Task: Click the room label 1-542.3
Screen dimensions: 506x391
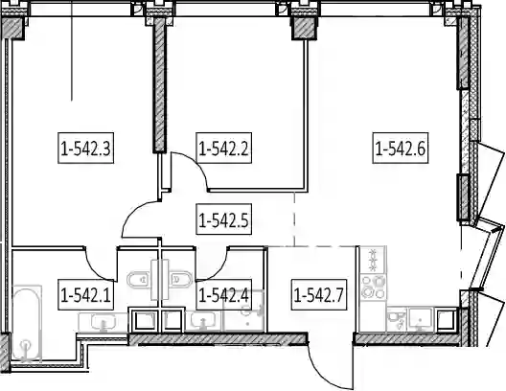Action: pos(86,148)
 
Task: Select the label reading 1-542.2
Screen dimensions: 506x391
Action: pos(224,148)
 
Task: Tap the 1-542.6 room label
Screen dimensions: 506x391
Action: pos(401,148)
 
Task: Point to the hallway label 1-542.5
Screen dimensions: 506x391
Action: pos(224,219)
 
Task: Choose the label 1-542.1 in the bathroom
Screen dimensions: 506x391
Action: pos(86,294)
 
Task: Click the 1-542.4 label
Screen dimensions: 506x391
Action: pos(224,294)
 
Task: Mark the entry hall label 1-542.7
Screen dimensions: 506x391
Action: pos(319,294)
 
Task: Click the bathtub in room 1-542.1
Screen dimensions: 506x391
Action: pos(27,324)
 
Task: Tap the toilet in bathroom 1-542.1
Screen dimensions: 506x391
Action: pos(139,281)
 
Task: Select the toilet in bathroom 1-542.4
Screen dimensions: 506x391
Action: pos(181,281)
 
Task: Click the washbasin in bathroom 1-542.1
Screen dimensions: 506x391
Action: pos(103,322)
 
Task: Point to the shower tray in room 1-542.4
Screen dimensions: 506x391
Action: pos(244,310)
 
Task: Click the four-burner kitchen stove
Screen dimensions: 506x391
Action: pos(374,287)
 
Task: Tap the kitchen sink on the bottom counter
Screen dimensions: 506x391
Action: pos(420,319)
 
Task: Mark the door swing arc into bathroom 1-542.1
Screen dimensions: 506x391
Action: pos(95,268)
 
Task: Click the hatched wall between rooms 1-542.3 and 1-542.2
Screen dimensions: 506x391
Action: pos(159,84)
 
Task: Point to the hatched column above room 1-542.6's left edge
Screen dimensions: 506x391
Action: pos(304,29)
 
